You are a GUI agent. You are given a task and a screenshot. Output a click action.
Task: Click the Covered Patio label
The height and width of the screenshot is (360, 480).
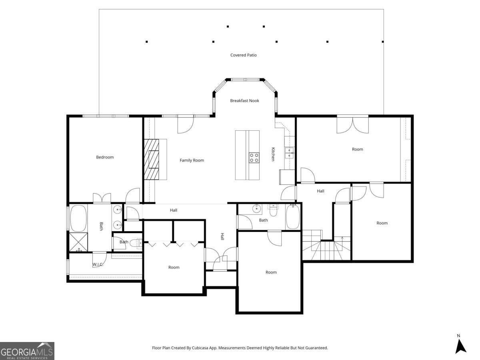coord(243,55)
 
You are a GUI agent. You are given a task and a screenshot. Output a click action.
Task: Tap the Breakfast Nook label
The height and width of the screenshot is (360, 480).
coord(244,101)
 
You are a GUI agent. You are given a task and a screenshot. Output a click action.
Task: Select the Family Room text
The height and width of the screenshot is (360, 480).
coord(192,160)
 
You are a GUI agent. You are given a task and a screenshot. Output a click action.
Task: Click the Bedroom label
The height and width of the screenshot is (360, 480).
coord(105,157)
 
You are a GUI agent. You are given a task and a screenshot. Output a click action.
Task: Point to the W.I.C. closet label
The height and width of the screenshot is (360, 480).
coord(98,264)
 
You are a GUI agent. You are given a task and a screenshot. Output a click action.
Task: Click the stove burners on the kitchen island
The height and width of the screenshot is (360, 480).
coord(254,157)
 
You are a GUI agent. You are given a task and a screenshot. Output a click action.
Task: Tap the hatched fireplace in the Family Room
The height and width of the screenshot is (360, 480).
coord(152,159)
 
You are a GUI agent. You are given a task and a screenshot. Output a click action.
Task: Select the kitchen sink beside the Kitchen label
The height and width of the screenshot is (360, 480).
coord(290,151)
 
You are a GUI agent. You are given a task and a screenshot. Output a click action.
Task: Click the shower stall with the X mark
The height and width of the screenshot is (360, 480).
coord(79,242)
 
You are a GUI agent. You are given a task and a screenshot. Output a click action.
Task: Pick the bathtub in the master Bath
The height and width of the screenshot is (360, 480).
coord(78,218)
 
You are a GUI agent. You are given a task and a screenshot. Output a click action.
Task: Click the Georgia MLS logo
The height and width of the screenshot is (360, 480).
coord(27,351)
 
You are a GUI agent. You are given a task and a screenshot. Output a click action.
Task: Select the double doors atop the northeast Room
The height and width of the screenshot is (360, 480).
coord(352,124)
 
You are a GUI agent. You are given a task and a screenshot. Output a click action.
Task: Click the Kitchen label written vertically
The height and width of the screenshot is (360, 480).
coord(273,154)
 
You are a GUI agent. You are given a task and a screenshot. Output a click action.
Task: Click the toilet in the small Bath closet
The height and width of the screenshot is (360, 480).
coord(135,243)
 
